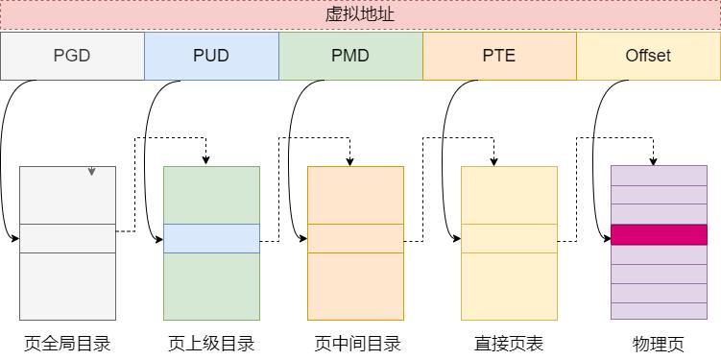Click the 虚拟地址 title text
coord(360,15)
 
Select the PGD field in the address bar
coord(72,56)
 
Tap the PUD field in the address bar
coord(211,56)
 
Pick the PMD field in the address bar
coord(350,56)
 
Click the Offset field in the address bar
coord(648,56)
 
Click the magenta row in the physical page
coord(659,234)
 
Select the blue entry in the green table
coord(211,238)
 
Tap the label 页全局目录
coord(67,343)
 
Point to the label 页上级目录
coord(211,343)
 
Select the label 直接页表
coord(509,343)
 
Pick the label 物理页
coord(659,343)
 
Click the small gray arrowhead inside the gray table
coord(91,172)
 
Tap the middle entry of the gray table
coord(67,238)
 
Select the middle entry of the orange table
coord(355,238)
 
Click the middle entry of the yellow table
coord(509,238)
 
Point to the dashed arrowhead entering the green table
coord(206,160)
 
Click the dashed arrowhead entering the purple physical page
coord(655,159)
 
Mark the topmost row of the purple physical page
coord(659,175)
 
